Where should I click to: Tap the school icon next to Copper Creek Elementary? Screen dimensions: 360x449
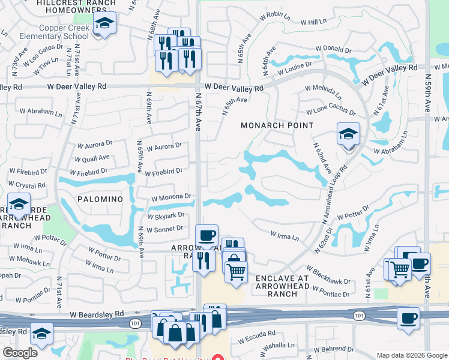(105, 24)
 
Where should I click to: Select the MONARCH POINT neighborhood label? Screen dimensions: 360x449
(277, 125)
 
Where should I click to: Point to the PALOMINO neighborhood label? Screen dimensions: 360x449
(100, 199)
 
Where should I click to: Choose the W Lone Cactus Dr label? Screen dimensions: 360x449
(330, 112)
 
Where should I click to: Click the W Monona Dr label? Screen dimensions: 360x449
(170, 196)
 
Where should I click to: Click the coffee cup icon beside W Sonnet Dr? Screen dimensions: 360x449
(207, 235)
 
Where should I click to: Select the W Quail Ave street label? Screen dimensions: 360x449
(92, 158)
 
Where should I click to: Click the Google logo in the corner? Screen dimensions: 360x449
(20, 353)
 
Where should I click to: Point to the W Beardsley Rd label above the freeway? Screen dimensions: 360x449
(96, 314)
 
